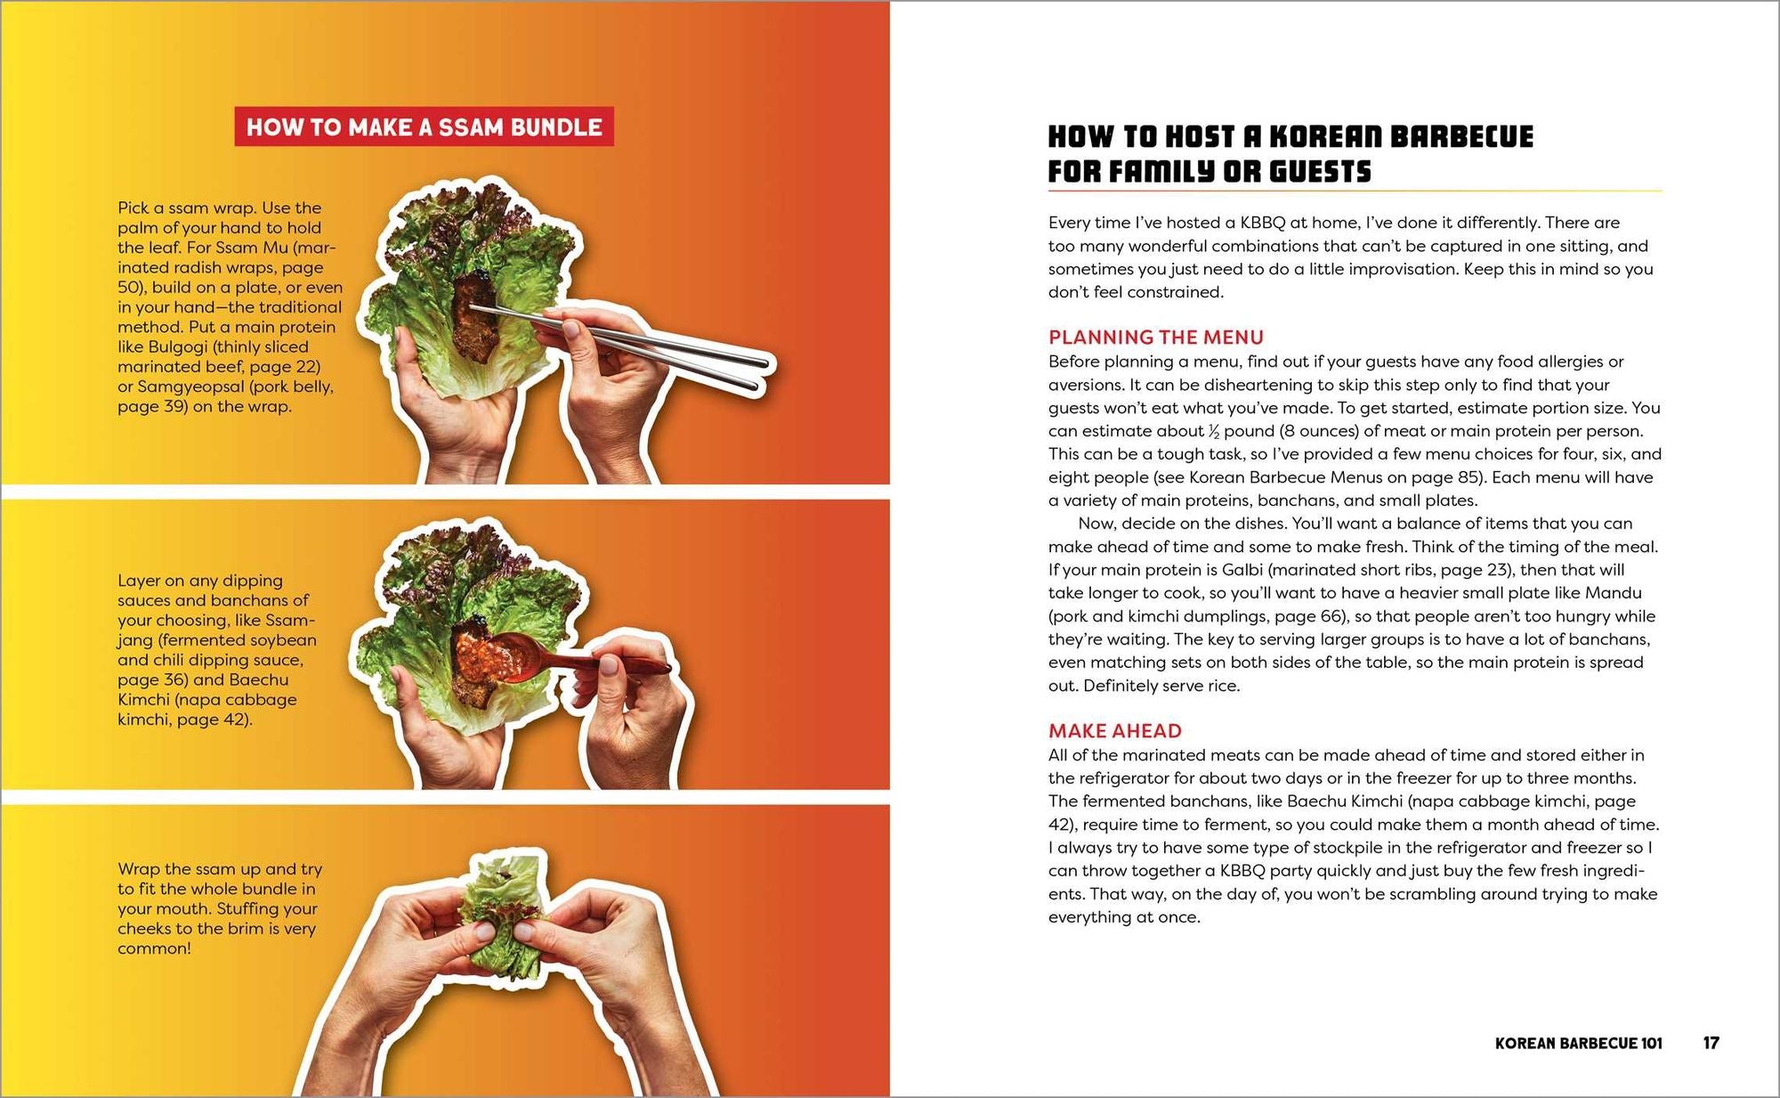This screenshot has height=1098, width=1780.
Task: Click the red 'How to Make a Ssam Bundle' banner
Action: coord(424,127)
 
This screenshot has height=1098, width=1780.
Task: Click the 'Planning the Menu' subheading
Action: coord(1155,338)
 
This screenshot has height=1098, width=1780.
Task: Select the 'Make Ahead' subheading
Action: coord(1114,731)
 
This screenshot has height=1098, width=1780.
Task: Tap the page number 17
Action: coord(1711,1043)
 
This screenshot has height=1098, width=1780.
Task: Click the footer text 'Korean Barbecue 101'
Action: coord(1578,1043)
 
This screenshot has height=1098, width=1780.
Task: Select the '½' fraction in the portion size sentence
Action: coord(1213,432)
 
